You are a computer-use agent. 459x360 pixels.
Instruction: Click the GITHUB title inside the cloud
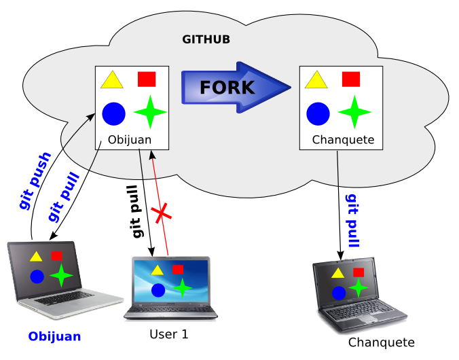coord(206,39)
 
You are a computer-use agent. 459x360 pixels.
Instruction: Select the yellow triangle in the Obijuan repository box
coord(111,81)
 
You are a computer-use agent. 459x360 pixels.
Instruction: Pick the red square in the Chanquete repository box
coord(350,79)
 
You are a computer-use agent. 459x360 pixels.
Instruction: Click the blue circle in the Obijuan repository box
coord(113,113)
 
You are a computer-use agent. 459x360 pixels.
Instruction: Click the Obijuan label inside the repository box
coord(130,141)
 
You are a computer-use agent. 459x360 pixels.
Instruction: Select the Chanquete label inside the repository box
coord(343,141)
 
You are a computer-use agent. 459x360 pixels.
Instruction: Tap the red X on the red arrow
coord(162,215)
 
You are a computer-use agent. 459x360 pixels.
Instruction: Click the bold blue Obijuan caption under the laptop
coord(54,336)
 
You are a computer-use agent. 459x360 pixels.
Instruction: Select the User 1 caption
coord(168,334)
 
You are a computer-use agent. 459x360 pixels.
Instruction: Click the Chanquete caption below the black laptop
coord(381,342)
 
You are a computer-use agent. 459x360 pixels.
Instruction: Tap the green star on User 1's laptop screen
coord(182,287)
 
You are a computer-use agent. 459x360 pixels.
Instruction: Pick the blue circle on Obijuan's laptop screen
coord(37,276)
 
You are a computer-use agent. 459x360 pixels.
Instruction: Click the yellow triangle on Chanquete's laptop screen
coord(337,273)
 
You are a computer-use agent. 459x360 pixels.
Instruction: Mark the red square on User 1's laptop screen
coord(177,270)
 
